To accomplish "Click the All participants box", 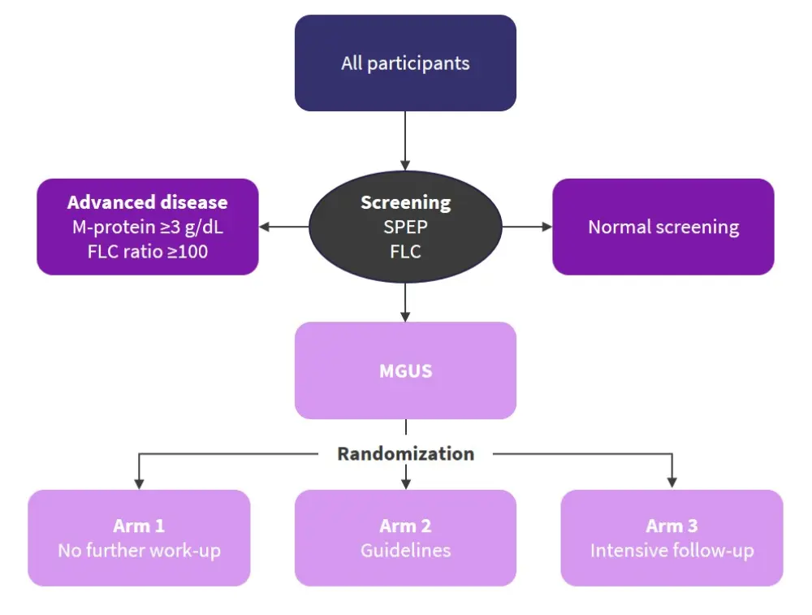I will coord(405,63).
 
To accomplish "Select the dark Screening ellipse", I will coord(405,227).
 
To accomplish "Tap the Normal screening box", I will coord(663,227).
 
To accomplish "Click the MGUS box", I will coord(405,370).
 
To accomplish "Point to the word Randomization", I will coord(405,453).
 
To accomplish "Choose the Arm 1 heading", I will coord(139,526).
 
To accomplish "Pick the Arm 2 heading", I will coord(405,526).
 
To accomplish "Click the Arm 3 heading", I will coord(672,526).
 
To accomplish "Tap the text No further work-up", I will coord(139,550).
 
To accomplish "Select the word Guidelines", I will coord(405,550).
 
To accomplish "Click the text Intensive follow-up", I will coord(672,550).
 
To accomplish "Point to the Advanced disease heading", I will coord(147,202).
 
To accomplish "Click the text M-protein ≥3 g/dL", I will coord(147,227).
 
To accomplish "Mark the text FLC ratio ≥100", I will coord(147,251).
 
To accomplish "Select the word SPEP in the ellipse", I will coord(405,227).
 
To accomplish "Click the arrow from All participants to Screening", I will coord(405,140).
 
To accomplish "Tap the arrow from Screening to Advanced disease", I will coord(283,227).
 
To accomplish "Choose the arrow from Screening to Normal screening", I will coord(527,227).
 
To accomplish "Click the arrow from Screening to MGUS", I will coord(405,301).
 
